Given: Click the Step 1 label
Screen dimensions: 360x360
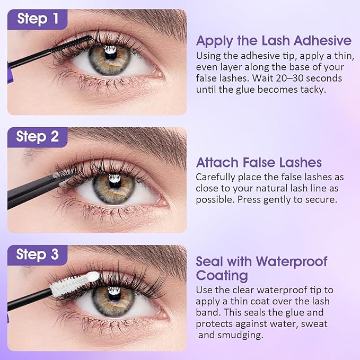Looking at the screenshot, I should point(38,19).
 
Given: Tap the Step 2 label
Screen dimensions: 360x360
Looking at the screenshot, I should point(38,137).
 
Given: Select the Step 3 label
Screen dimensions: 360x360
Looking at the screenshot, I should point(38,254).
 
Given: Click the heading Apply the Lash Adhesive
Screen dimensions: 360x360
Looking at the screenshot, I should point(274,41).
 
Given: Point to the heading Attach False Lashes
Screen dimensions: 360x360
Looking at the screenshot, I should point(259,163).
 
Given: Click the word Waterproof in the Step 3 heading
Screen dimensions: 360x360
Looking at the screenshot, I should point(292,261).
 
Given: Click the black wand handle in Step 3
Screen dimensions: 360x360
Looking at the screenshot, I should point(27,297).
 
